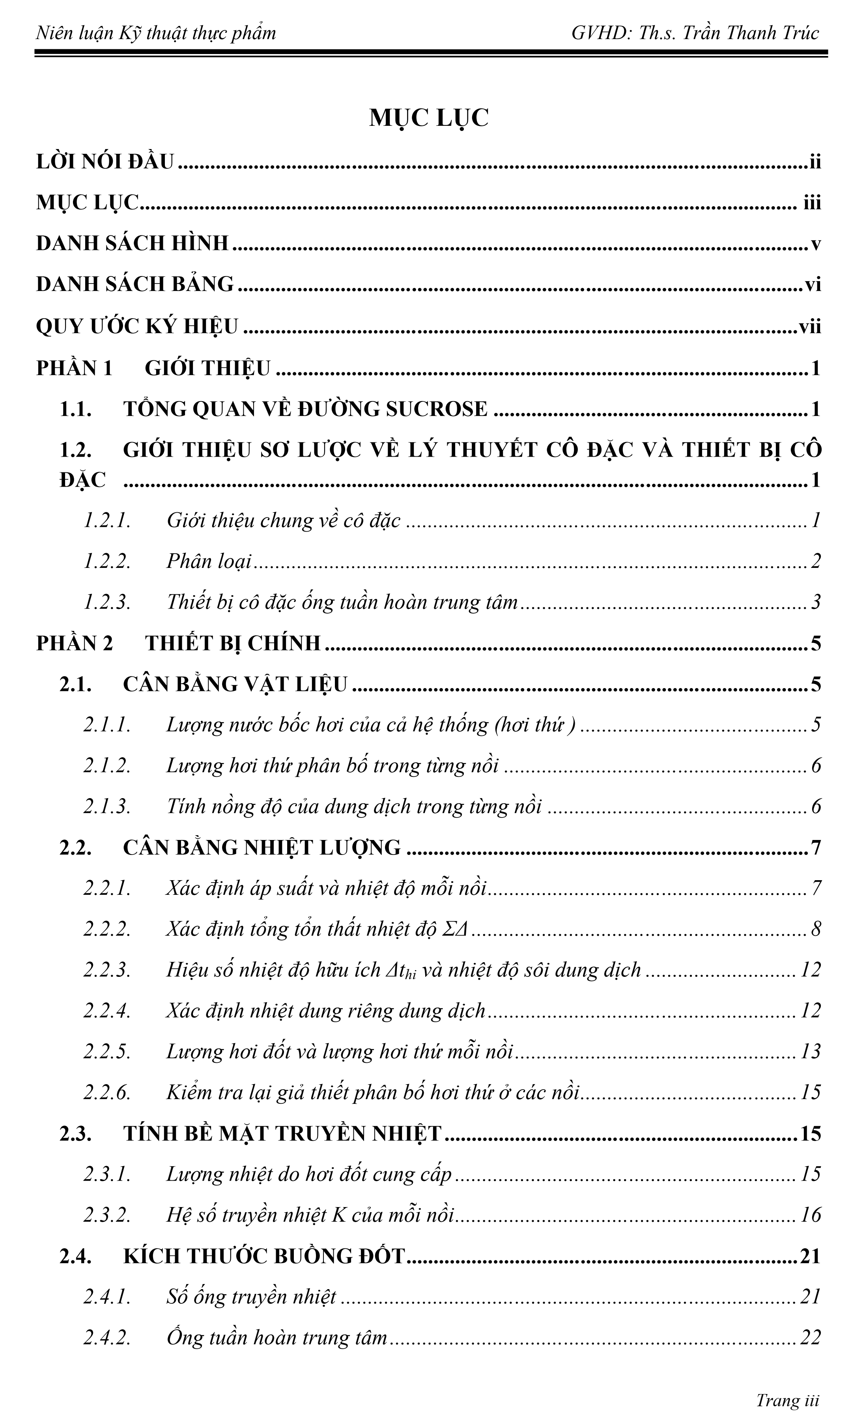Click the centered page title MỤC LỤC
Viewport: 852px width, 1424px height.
(x=428, y=118)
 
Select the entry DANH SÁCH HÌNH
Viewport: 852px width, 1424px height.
(x=132, y=243)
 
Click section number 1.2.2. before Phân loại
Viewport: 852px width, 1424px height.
(x=107, y=561)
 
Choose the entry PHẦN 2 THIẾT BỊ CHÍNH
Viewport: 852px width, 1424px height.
(x=178, y=643)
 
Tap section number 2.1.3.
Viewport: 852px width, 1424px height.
(x=107, y=806)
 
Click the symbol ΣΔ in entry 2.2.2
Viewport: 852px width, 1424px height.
(x=456, y=929)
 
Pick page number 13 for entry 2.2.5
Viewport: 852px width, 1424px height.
(x=810, y=1051)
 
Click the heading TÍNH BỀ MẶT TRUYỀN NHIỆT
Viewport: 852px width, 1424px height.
(x=282, y=1134)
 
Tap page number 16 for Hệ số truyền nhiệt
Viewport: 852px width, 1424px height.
(x=810, y=1215)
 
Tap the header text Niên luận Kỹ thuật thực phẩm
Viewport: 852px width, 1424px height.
(x=155, y=33)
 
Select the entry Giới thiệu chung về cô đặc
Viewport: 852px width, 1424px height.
(x=284, y=520)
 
